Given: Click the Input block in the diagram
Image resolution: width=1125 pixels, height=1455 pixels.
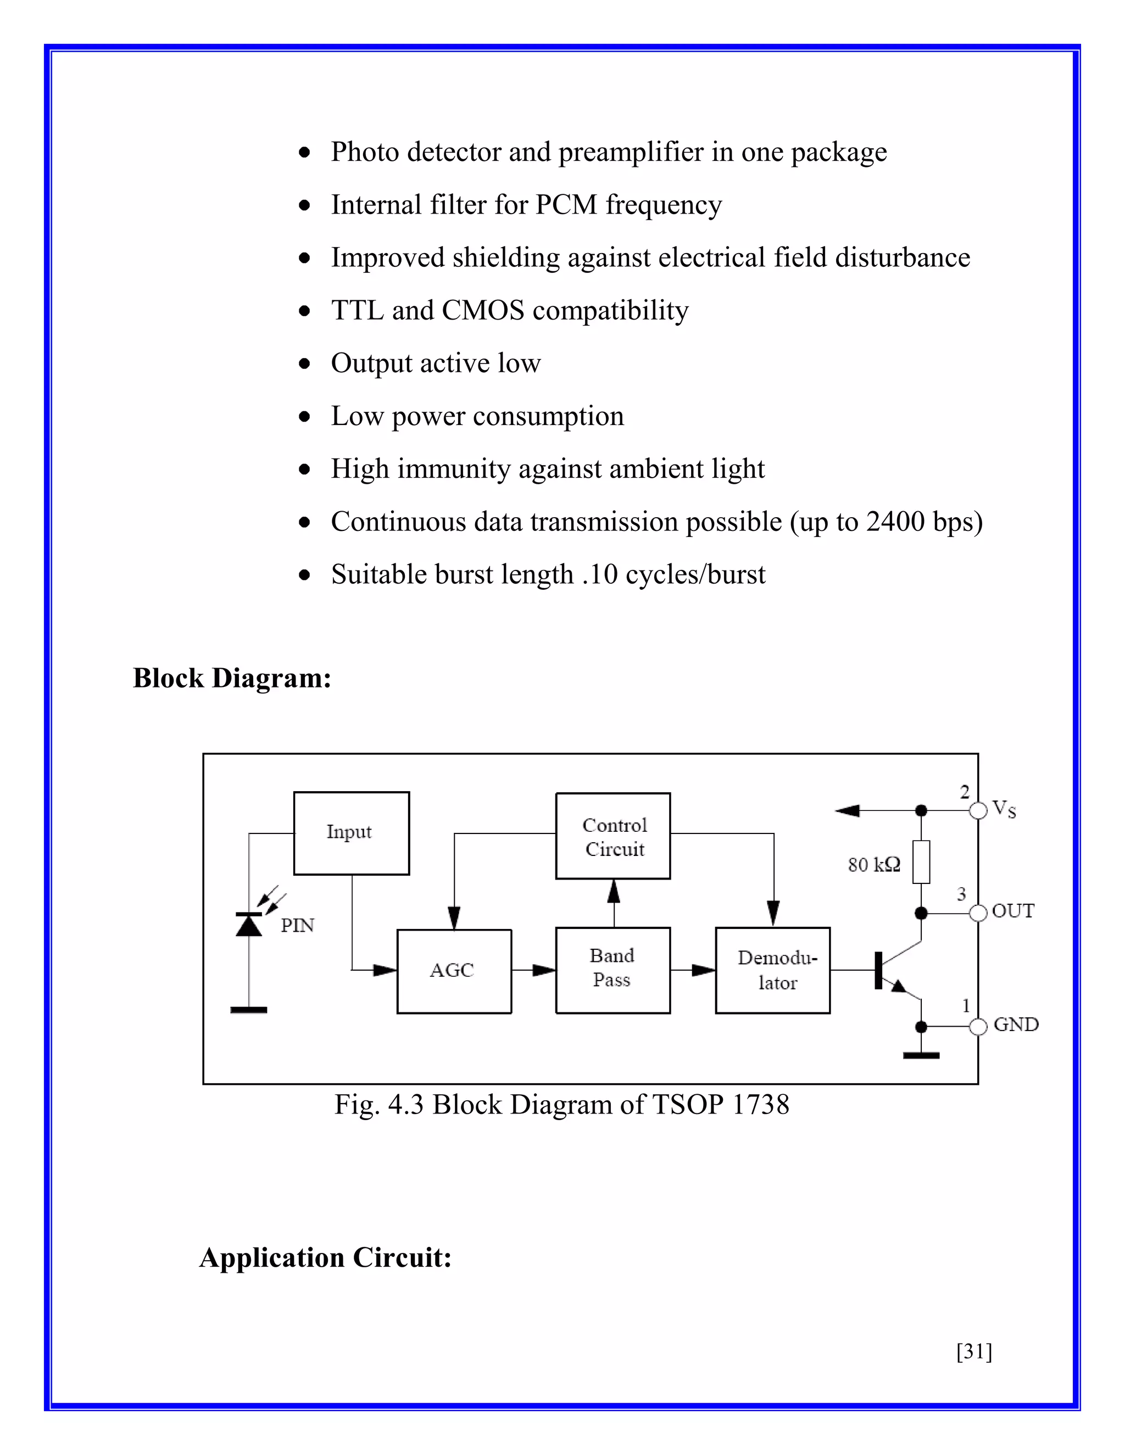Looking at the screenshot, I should (351, 833).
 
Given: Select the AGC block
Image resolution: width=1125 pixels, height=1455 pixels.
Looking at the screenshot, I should (454, 971).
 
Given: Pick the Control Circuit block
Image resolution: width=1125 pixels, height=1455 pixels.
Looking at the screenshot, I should (613, 836).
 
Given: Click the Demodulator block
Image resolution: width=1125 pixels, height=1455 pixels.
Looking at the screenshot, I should (773, 970).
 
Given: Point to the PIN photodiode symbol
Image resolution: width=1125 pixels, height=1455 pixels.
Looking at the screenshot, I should (249, 925).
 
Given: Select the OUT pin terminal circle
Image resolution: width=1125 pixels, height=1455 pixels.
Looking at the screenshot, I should (978, 913).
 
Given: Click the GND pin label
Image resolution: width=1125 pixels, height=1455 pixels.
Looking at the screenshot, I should (1016, 1025).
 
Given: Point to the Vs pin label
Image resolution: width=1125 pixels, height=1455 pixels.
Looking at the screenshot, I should (1004, 809).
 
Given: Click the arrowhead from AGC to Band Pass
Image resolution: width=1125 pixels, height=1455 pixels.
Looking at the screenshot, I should (544, 971).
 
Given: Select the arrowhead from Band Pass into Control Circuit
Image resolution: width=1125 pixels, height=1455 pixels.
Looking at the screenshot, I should (614, 891).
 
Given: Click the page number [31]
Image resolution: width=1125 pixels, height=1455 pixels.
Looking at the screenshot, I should (974, 1351).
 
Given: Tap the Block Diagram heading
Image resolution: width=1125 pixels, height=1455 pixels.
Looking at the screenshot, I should (232, 678).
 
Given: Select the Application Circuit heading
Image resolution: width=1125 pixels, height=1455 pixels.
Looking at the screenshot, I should (325, 1258).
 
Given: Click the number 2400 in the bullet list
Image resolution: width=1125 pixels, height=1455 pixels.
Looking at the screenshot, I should (895, 522).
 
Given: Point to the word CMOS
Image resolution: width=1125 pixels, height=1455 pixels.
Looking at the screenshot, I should (482, 310).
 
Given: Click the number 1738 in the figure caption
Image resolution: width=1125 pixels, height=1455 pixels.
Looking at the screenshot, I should (760, 1105).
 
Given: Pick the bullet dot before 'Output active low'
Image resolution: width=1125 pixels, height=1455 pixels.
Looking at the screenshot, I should (304, 363).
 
